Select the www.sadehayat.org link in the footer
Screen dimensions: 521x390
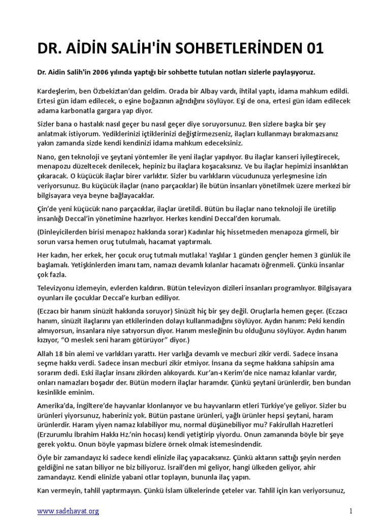pyautogui.click(x=68, y=510)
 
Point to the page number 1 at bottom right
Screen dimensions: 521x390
pyautogui.click(x=350, y=510)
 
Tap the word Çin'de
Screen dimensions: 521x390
pyautogui.click(x=49, y=209)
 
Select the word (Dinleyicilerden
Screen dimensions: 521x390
pyautogui.click(x=66, y=232)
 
